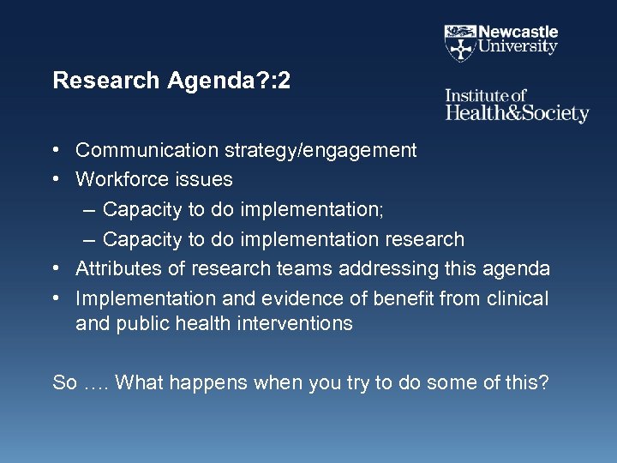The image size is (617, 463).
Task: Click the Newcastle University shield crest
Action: pyautogui.click(x=460, y=42)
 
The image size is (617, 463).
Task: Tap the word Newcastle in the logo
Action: pyautogui.click(x=518, y=33)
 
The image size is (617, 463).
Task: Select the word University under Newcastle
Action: pyautogui.click(x=518, y=48)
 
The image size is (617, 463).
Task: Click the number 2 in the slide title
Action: pyautogui.click(x=285, y=81)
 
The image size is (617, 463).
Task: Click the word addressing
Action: pyautogui.click(x=380, y=268)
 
